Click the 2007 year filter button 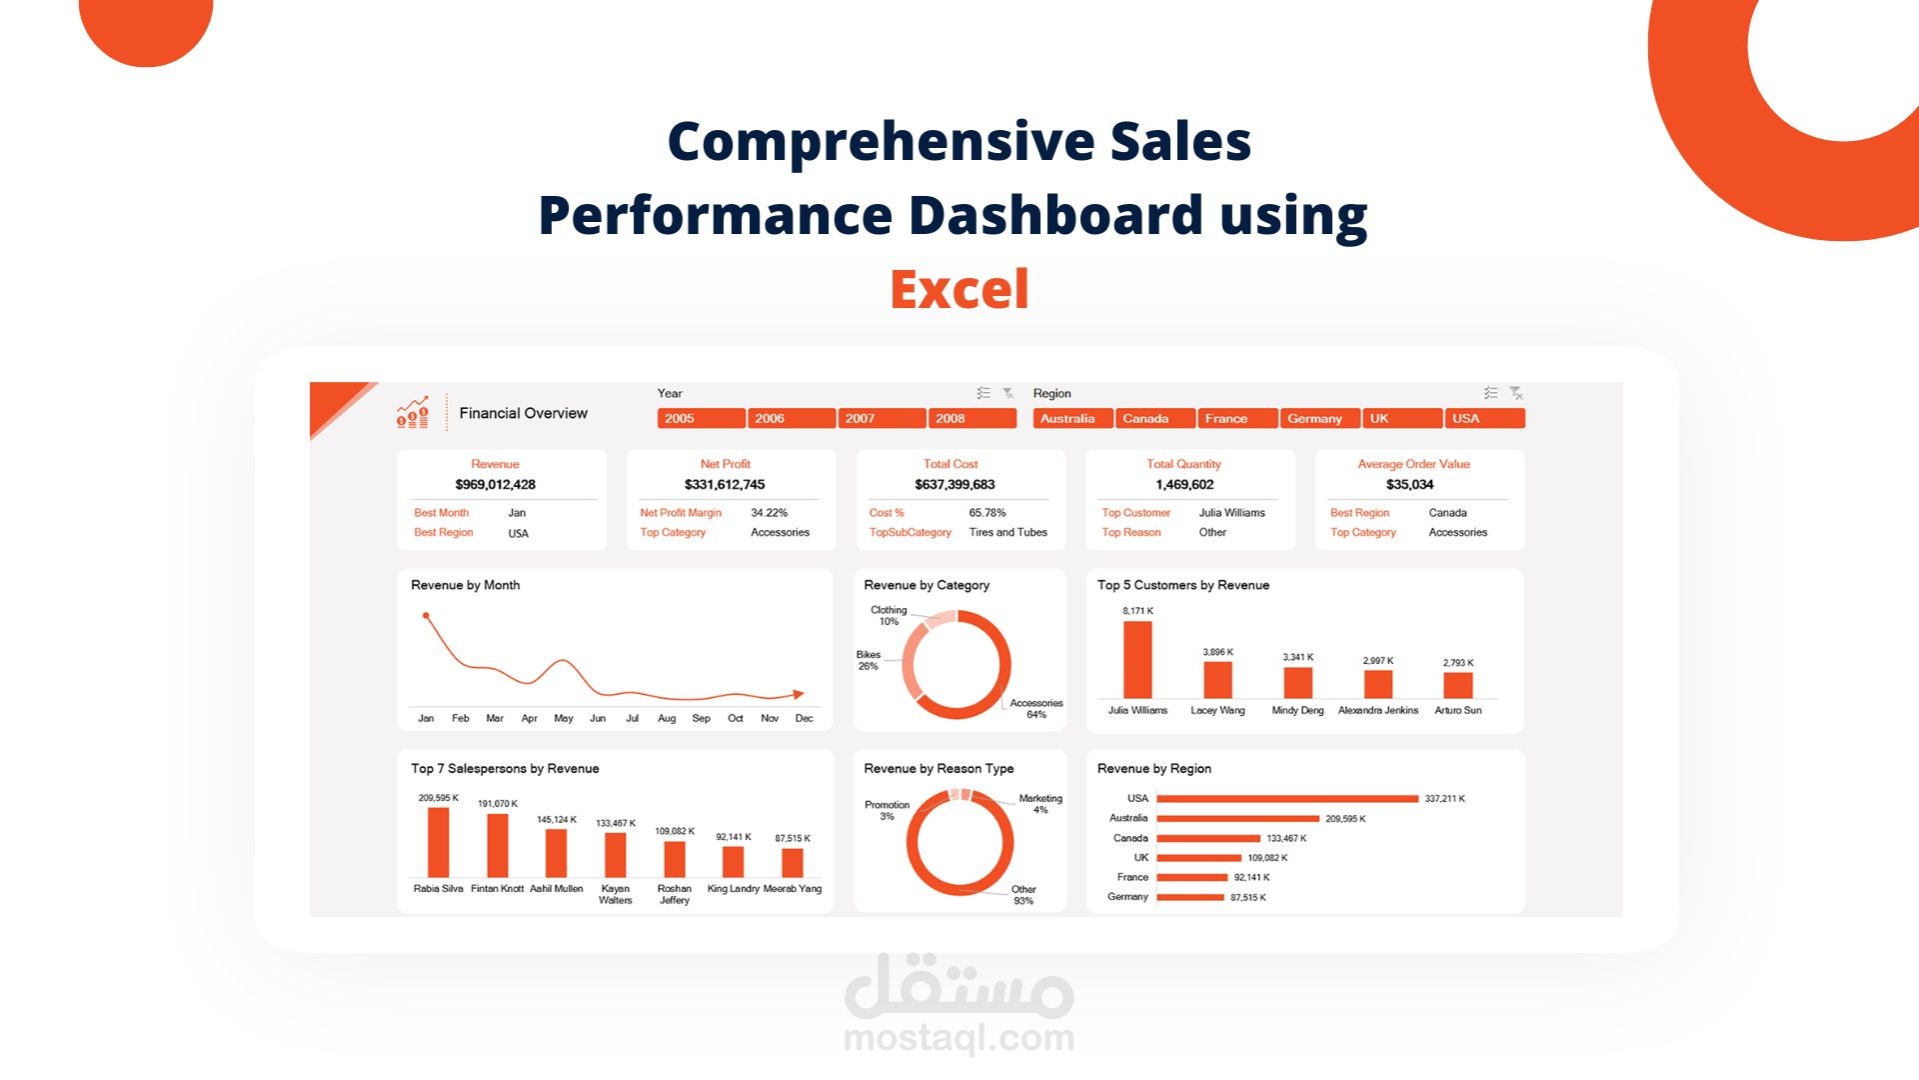[x=881, y=418]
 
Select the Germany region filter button [x=1319, y=418]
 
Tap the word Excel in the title [x=959, y=290]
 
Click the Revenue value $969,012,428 [x=496, y=485]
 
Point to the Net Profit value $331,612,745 [x=725, y=485]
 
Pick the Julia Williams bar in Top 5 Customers [x=1137, y=660]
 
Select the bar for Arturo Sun [x=1458, y=685]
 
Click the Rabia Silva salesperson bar [x=439, y=842]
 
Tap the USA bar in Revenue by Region [x=1287, y=799]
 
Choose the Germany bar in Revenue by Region [x=1190, y=897]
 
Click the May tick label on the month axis [x=564, y=718]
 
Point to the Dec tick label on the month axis [x=804, y=718]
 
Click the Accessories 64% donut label [x=1036, y=709]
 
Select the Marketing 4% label [x=1040, y=804]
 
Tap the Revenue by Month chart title [x=466, y=585]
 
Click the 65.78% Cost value [x=987, y=513]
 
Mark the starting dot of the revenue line [x=427, y=616]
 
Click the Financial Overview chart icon [x=413, y=412]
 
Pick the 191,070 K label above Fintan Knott [x=498, y=804]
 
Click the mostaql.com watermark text [x=959, y=1038]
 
